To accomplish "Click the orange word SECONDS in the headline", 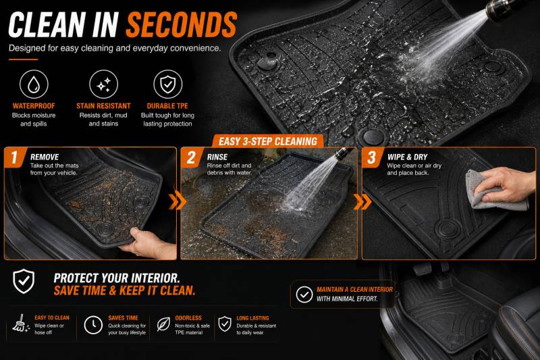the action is pyautogui.click(x=182, y=24).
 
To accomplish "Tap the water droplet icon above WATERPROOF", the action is pyautogui.click(x=34, y=84).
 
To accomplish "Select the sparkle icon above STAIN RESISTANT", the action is pyautogui.click(x=103, y=84).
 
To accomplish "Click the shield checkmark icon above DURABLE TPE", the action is pyautogui.click(x=167, y=84).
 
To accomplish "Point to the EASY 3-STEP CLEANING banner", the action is pyautogui.click(x=268, y=141).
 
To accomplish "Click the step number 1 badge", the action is pyautogui.click(x=14, y=157).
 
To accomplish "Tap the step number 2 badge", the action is pyautogui.click(x=191, y=157).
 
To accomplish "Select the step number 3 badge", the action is pyautogui.click(x=372, y=157).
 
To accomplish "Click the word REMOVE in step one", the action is pyautogui.click(x=45, y=157).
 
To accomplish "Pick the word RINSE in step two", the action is pyautogui.click(x=217, y=157).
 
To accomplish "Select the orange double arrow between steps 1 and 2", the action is pyautogui.click(x=178, y=201).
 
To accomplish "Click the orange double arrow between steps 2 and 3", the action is pyautogui.click(x=362, y=201).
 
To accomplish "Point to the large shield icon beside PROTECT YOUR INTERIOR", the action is pyautogui.click(x=24, y=281).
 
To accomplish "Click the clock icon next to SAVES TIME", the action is pyautogui.click(x=93, y=325).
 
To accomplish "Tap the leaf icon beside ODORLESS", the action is pyautogui.click(x=163, y=324).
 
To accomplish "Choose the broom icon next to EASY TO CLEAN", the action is pyautogui.click(x=21, y=324).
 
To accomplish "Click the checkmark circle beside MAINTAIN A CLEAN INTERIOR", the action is pyautogui.click(x=304, y=294).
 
